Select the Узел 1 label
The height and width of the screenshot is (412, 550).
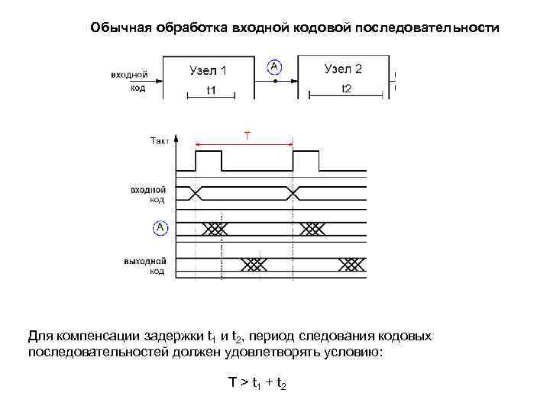coord(208,70)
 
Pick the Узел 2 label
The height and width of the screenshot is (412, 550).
coord(343,69)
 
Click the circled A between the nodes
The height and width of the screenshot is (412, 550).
coord(273,68)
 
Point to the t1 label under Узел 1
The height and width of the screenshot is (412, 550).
coord(211,90)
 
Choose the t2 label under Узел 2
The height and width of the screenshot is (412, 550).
coord(346,89)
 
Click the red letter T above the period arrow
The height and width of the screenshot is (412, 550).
coord(247,136)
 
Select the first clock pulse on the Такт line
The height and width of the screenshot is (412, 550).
coord(209,160)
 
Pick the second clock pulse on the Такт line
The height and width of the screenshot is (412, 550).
coord(306,160)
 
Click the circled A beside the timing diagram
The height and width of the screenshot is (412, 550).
coord(160,227)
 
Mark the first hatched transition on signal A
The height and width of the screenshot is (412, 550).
coord(216,228)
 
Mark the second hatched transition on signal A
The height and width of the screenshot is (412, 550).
coord(313,228)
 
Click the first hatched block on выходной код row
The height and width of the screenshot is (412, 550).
coord(254,264)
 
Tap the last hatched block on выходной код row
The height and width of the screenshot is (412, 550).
coord(351,264)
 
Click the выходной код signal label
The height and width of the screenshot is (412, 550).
coord(144,266)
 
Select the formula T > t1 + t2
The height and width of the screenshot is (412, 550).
coord(257,382)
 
